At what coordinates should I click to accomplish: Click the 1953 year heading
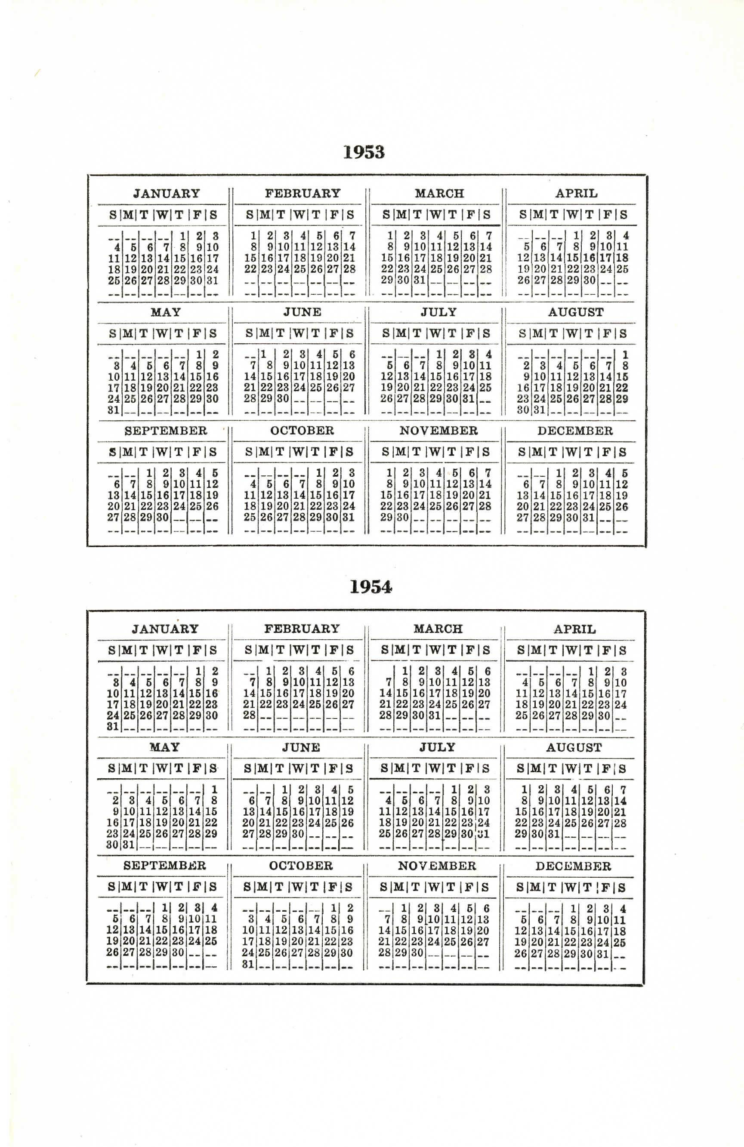[x=364, y=152]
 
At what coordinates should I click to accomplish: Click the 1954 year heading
[x=370, y=587]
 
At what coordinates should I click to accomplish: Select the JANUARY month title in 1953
[x=166, y=194]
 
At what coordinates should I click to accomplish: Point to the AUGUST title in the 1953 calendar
[x=575, y=312]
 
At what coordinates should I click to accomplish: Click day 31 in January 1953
[x=213, y=281]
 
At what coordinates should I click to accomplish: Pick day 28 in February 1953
[x=349, y=269]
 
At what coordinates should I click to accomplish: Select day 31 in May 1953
[x=114, y=410]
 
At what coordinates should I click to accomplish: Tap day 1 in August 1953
[x=625, y=355]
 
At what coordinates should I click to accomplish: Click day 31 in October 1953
[x=349, y=518]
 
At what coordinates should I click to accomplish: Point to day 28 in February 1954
[x=249, y=715]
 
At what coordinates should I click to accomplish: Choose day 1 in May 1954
[x=214, y=790]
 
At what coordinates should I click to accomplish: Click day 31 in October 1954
[x=248, y=964]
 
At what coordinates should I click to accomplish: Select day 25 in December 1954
[x=620, y=942]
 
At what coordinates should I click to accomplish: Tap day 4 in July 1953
[x=488, y=355]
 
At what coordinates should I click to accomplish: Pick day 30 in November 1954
[x=417, y=953]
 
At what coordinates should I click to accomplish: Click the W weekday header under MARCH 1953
[x=435, y=215]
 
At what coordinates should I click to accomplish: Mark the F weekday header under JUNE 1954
[x=333, y=769]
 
